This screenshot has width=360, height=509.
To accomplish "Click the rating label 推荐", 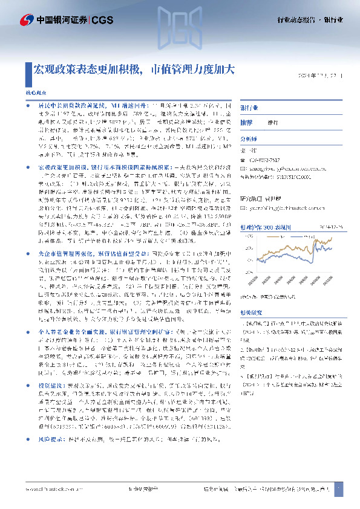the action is (247, 122).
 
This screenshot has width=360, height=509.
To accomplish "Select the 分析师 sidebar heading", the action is (249, 138).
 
